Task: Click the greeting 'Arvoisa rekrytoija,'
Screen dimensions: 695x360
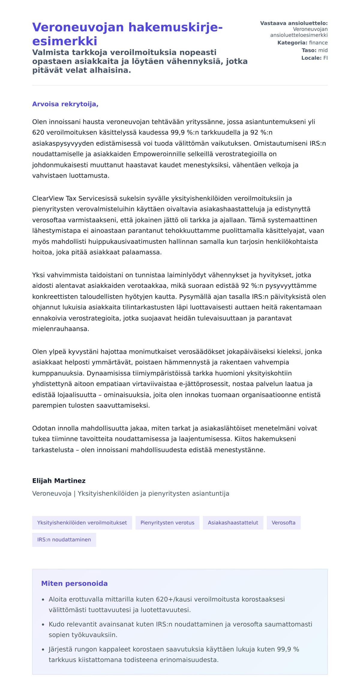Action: click(65, 104)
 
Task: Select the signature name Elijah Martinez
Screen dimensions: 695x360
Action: click(59, 481)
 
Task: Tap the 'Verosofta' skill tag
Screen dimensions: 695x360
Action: click(283, 523)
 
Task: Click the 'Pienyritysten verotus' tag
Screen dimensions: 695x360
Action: click(167, 523)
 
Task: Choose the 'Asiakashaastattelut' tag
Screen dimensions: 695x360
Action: click(233, 523)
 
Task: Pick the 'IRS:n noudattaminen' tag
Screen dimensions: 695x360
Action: click(64, 539)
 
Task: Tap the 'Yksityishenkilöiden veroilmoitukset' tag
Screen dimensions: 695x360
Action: click(82, 523)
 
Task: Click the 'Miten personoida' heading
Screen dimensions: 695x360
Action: click(74, 583)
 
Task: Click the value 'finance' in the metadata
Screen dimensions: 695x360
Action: click(318, 43)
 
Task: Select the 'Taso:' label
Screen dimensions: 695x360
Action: click(309, 50)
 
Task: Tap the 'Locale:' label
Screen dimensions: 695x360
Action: click(311, 58)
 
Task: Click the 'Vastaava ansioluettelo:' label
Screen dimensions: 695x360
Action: click(294, 23)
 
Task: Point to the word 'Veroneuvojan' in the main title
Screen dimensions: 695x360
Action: click(78, 27)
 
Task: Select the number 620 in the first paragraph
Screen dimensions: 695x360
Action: click(38, 133)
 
